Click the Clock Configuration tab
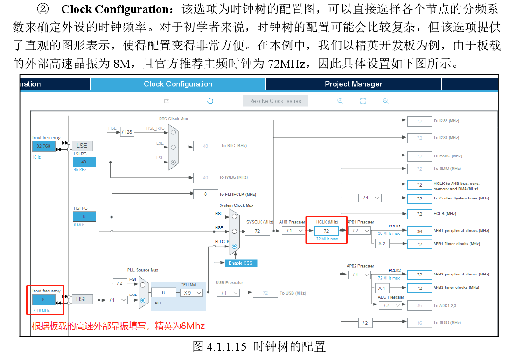178,84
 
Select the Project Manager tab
353,84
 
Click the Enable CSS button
240,263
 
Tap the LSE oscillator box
82,145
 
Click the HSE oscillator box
82,299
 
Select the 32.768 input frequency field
43,146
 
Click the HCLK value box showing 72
326,231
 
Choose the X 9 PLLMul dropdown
192,292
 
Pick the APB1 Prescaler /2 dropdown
359,231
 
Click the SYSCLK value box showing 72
257,231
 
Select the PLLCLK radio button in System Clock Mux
234,246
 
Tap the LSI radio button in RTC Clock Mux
174,162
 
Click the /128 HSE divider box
127,132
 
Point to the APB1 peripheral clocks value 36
419,231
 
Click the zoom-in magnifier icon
340,101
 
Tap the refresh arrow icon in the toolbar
210,101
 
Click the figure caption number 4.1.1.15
227,346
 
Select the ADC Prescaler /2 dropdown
390,305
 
